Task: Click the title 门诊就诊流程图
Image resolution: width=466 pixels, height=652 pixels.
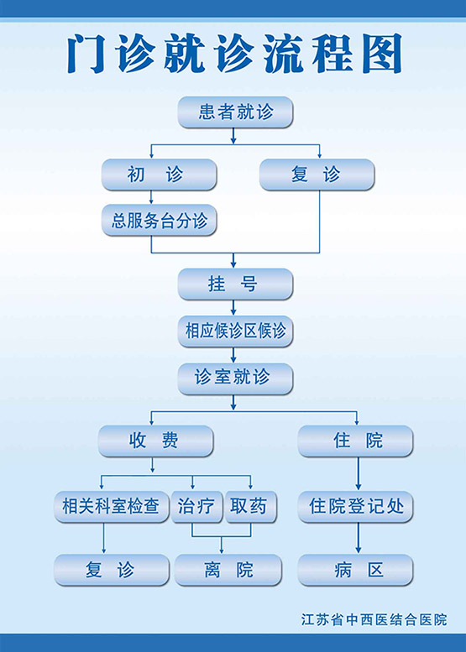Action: [x=234, y=55]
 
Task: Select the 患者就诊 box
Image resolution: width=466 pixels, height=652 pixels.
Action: [x=235, y=112]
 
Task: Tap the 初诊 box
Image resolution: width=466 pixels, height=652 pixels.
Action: [x=159, y=175]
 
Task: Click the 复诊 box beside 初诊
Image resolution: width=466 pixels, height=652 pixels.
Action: [x=317, y=175]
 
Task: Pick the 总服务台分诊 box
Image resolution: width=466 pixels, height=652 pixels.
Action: [x=159, y=220]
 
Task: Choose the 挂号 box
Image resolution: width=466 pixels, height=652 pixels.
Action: [x=235, y=284]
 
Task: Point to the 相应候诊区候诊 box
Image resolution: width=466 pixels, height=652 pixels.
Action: [x=235, y=331]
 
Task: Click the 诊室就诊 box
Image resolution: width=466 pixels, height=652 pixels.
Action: [x=235, y=378]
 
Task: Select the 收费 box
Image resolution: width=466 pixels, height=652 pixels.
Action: [x=155, y=441]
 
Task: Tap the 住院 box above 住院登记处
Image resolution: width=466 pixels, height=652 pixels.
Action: [x=355, y=441]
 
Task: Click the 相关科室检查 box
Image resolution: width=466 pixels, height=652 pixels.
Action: [x=112, y=507]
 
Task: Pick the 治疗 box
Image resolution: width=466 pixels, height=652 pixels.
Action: [x=196, y=507]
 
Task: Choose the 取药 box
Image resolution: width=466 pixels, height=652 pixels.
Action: [x=251, y=507]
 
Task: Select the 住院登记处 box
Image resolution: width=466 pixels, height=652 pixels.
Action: [x=355, y=507]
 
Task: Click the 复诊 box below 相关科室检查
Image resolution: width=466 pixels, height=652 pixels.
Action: [x=112, y=570]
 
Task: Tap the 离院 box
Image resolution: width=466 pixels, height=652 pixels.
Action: [x=228, y=570]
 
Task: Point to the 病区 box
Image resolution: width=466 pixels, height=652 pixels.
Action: [x=355, y=570]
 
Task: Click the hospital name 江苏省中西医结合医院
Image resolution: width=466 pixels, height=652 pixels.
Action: [x=374, y=620]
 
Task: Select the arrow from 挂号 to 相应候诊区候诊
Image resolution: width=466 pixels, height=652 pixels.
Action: [x=233, y=307]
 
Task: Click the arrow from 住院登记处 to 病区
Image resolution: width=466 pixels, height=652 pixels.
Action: [x=359, y=538]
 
